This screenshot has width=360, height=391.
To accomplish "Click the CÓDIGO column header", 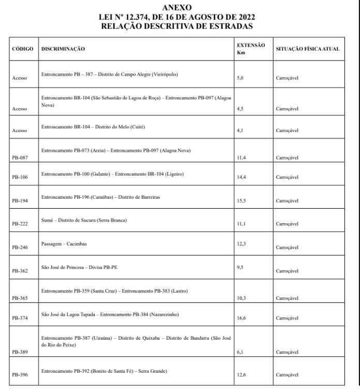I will (x=22, y=49).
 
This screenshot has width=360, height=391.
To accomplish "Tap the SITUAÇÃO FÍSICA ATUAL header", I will (x=308, y=49).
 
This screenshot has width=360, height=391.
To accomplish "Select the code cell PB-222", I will (x=19, y=224).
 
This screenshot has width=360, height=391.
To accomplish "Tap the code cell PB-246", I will (x=19, y=248).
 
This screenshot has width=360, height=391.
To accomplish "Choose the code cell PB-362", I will (x=19, y=271).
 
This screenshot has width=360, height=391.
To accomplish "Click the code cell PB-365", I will (x=19, y=299).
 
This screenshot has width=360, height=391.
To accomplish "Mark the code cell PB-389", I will (x=19, y=352).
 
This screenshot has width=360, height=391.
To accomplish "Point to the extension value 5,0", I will (x=239, y=78).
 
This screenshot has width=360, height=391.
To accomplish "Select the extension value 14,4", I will (x=241, y=177).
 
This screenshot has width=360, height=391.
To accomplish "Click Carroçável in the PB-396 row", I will (x=287, y=375).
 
